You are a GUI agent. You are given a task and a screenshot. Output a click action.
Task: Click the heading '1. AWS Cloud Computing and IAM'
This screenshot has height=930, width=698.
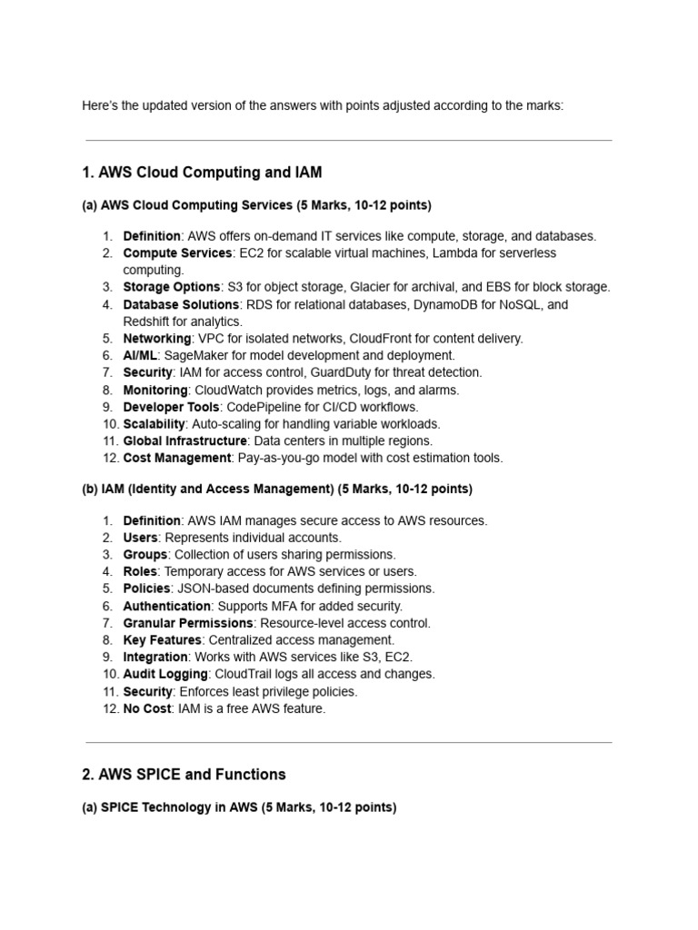(x=202, y=173)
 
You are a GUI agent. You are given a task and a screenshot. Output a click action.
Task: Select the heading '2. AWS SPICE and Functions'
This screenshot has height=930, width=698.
(x=184, y=775)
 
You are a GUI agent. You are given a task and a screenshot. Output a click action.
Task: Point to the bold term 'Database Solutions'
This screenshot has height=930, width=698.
(x=181, y=304)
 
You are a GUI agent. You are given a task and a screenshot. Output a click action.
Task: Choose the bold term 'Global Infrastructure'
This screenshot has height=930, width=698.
(x=185, y=440)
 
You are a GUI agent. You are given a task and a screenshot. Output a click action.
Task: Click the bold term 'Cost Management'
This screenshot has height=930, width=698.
(x=177, y=458)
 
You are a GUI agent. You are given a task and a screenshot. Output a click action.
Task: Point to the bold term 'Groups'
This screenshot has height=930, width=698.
(x=145, y=554)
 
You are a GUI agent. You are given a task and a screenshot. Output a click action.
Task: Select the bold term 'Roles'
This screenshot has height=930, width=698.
(x=140, y=571)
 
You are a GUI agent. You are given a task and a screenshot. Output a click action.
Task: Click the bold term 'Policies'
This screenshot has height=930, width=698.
(x=146, y=589)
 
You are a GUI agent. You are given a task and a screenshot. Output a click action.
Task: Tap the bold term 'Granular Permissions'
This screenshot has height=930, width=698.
(x=188, y=623)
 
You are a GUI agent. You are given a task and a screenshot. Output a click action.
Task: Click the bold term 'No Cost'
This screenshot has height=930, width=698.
(x=146, y=708)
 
